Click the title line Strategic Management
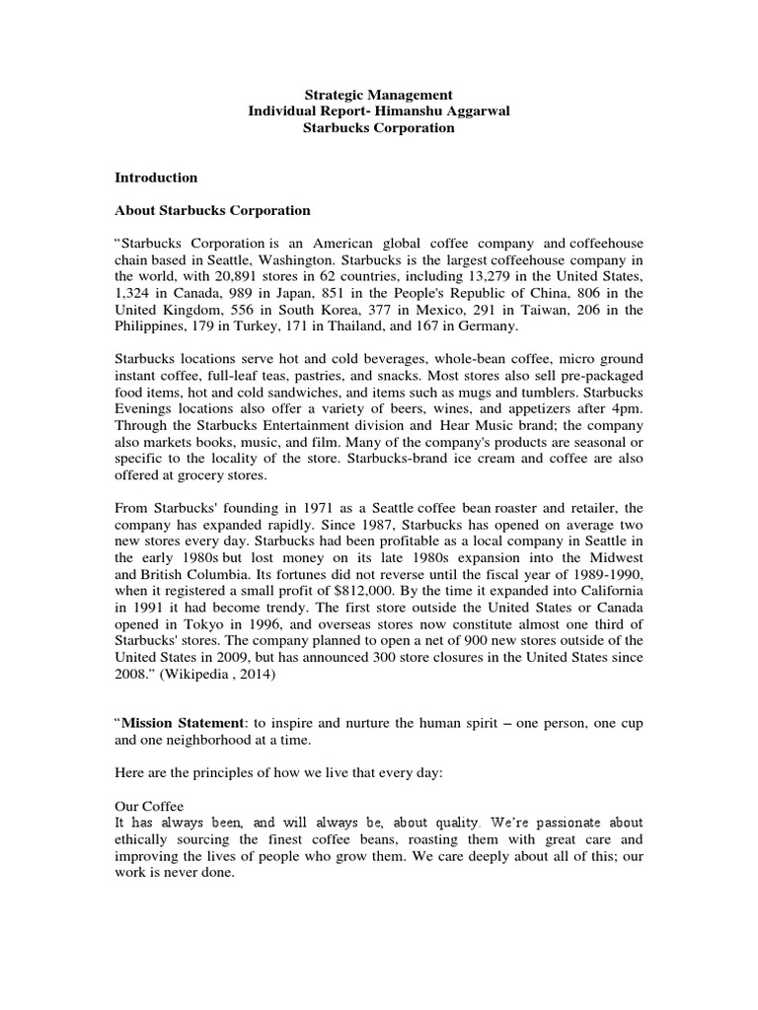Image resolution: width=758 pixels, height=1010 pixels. pos(378,95)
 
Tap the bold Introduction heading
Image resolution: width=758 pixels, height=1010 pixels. pos(156,178)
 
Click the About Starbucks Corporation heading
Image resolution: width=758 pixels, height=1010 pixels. pos(212,210)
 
